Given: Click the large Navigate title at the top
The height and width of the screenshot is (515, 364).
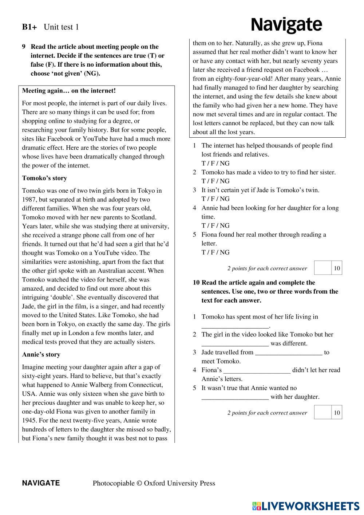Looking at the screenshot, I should click(x=286, y=25).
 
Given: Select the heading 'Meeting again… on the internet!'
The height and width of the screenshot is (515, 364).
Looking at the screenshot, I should click(x=69, y=91).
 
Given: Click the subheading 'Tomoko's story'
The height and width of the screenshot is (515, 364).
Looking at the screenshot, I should click(x=44, y=178).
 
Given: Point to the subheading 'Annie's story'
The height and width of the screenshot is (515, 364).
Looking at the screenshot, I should click(x=41, y=354).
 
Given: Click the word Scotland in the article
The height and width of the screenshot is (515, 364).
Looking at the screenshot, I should click(x=143, y=217).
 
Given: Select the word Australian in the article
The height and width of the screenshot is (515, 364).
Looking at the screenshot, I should click(x=109, y=271).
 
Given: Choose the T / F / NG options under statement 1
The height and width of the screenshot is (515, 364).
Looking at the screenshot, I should click(x=215, y=163).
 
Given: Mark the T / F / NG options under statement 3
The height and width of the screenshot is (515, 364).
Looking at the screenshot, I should click(x=215, y=199).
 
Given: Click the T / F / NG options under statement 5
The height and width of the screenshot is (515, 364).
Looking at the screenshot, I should click(x=215, y=252).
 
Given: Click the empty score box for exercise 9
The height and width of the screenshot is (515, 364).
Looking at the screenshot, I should click(x=323, y=268).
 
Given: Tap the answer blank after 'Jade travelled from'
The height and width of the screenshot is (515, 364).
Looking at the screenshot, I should click(x=289, y=353).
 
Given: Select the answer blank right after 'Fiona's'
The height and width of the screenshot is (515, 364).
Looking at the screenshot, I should click(x=257, y=370).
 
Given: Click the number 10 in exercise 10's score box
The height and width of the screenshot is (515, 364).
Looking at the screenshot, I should click(x=337, y=413).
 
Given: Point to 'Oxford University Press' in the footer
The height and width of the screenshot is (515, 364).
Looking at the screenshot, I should click(x=179, y=483).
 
